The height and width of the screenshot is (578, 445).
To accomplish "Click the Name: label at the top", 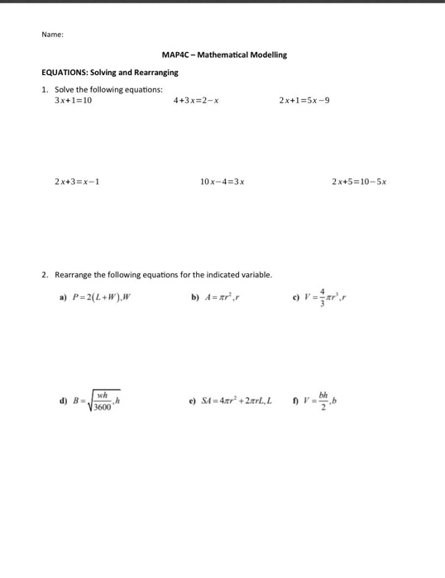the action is [52, 34].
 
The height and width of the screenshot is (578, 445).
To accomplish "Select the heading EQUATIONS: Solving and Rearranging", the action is [110, 73].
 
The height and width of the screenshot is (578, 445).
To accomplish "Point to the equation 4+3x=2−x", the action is [196, 101].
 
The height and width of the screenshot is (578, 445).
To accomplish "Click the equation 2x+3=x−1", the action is [78, 181].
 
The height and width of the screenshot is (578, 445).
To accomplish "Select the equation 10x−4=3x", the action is [222, 181].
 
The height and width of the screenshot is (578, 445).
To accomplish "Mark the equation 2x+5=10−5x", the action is [359, 181].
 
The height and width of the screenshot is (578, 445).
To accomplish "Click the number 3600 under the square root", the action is [103, 407].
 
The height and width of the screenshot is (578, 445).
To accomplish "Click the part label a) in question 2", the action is [63, 297].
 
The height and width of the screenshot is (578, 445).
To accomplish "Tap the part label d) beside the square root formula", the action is [63, 402].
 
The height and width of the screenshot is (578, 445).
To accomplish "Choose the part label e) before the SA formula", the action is [193, 402].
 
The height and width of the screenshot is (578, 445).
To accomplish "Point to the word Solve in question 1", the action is [65, 89].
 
